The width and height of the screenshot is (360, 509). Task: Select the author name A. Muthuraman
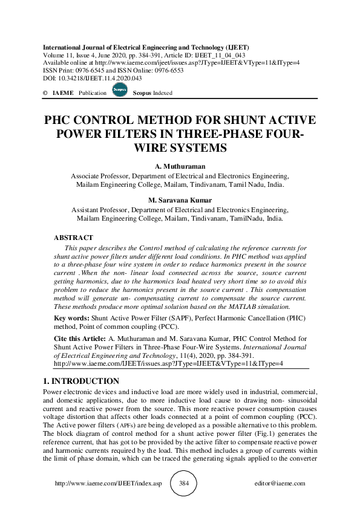180,166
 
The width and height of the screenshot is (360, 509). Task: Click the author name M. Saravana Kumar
180,200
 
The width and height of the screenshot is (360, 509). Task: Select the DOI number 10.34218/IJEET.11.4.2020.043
94,78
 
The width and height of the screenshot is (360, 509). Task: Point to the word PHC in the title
65,120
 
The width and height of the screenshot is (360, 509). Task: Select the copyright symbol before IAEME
45,93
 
